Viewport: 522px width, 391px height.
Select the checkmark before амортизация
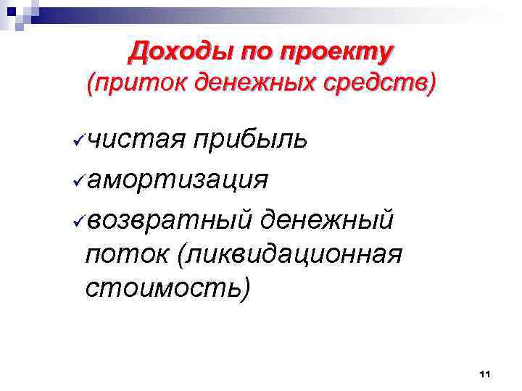(78, 178)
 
